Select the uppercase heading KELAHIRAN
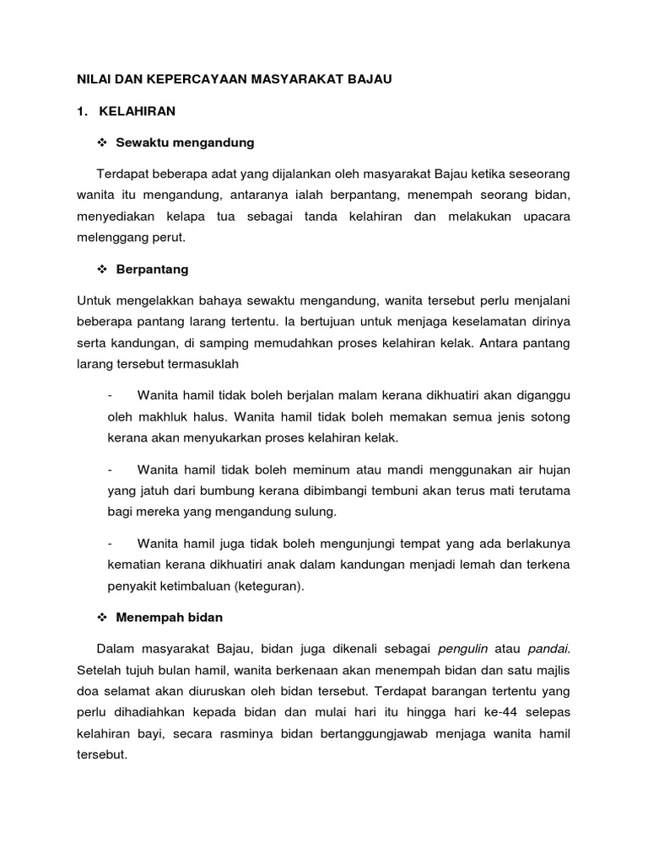(x=138, y=110)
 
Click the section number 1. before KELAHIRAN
(x=82, y=110)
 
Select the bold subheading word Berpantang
(x=153, y=270)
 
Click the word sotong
(x=550, y=416)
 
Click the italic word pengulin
(x=463, y=649)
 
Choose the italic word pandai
(x=549, y=649)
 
